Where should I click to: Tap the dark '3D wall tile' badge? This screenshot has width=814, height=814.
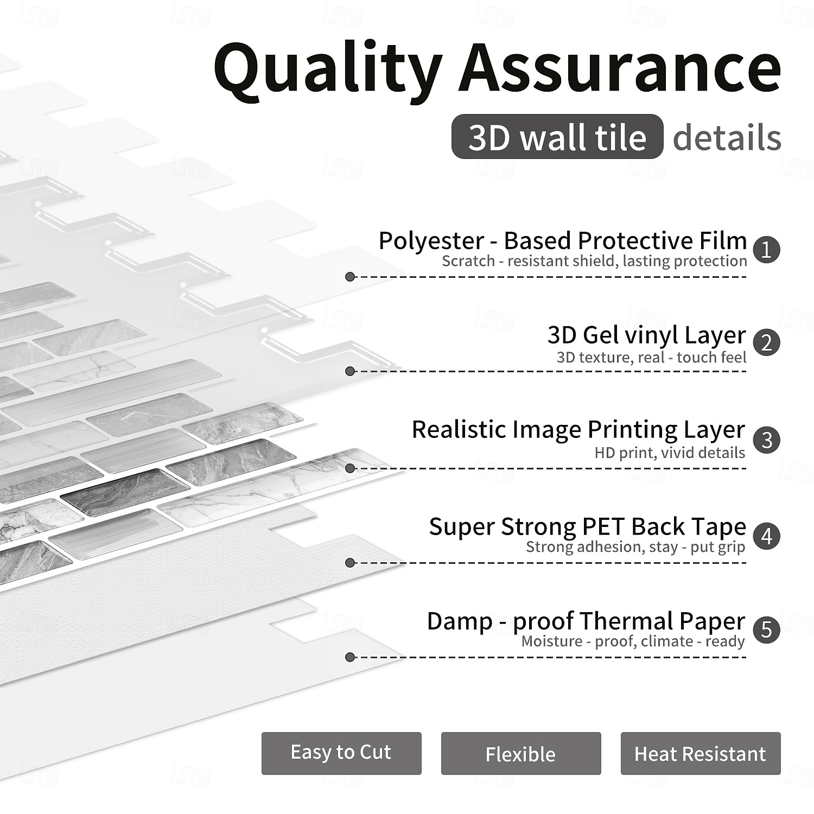pos(557,137)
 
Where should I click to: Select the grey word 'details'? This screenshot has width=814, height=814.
pos(727,137)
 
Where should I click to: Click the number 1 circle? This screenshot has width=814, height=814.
pos(766,250)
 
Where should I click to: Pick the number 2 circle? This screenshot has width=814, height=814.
pos(766,343)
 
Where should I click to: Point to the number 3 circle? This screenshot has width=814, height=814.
pos(766,440)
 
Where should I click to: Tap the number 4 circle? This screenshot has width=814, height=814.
pos(766,536)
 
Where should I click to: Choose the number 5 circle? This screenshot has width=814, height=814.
pos(766,629)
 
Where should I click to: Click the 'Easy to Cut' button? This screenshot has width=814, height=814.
pos(341,753)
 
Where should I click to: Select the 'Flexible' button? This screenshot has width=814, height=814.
pos(521,753)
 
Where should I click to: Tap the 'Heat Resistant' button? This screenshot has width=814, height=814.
pos(700,753)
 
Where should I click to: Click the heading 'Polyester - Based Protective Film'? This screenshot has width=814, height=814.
pos(562,240)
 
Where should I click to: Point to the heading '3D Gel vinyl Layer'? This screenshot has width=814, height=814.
pos(646,335)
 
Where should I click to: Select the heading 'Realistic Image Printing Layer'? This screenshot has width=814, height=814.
pos(578,429)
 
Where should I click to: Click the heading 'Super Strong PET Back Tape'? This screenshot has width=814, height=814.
pos(587,526)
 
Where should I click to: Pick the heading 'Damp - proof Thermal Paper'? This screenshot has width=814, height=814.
pos(586,621)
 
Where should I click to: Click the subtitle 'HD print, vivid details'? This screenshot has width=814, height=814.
pos(670,453)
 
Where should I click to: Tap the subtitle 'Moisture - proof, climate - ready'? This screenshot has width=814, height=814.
pos(633,641)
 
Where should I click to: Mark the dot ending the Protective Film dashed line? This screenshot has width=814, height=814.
pos(350,277)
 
